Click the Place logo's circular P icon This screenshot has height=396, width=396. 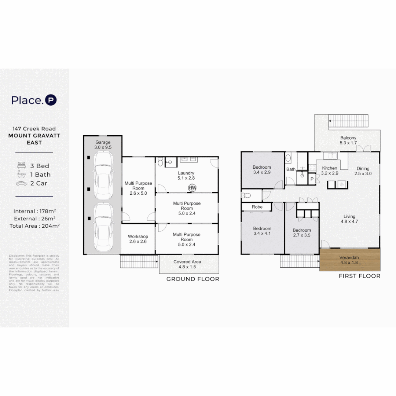coord(51,100)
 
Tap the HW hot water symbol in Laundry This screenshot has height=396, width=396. coord(191,188)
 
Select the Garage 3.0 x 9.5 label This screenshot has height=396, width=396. coord(103,144)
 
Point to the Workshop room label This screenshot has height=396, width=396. coord(138,239)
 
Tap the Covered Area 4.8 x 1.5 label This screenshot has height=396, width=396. coord(187,264)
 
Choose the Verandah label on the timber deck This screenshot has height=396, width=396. coord(349,260)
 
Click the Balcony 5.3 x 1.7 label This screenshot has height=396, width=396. coord(348,140)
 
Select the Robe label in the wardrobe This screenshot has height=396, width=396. coord(257,207)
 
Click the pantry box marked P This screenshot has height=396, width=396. coord(312,179)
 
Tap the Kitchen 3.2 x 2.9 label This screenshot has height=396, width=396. coord(329,170)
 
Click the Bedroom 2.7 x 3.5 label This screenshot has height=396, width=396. coord(301,233)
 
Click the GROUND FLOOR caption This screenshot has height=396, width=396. coord(192,279)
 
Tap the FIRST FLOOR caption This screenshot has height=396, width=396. coord(359,276)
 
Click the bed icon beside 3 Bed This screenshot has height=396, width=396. coord(22,166)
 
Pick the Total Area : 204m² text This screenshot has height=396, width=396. coord(34,226)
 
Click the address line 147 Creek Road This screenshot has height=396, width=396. coord(34,129)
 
